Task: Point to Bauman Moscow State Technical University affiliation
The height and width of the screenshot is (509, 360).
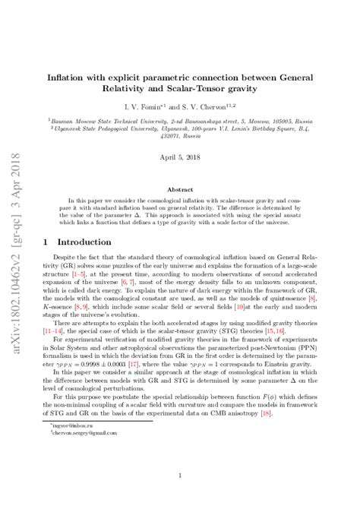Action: (x=114, y=120)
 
